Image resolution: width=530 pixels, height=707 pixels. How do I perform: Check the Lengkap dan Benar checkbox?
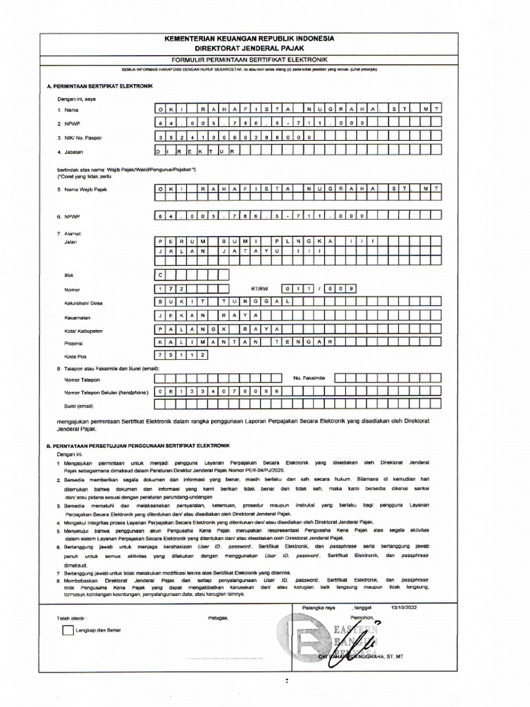click(67, 630)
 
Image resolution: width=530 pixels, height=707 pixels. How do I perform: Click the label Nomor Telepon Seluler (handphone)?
click(106, 392)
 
